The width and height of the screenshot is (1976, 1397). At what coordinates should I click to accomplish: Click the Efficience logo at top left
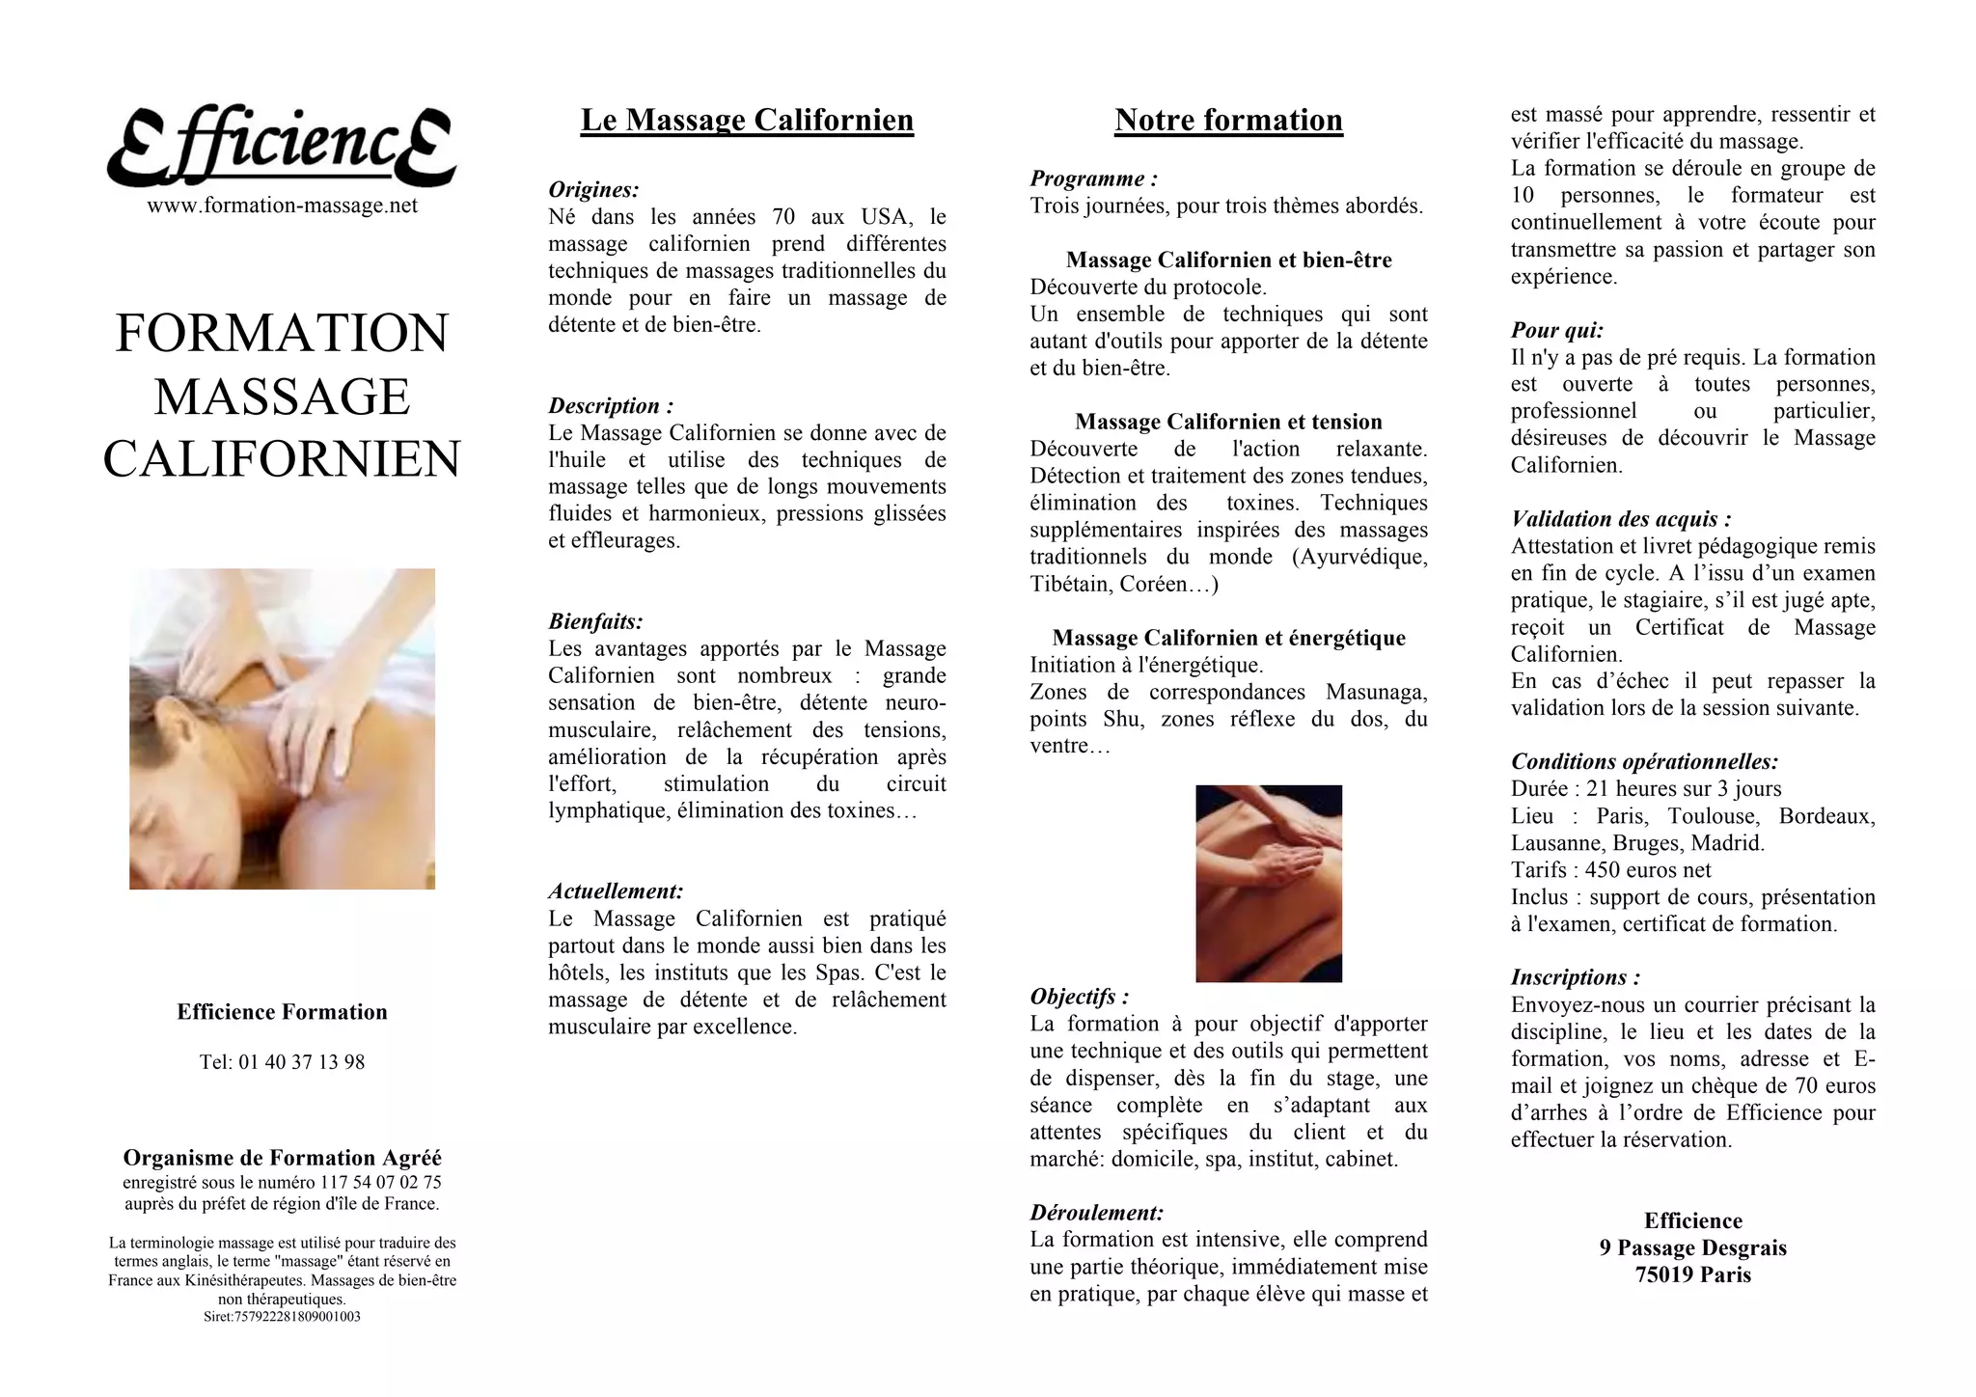point(281,147)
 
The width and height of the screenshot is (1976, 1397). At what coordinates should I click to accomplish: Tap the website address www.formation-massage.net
point(282,205)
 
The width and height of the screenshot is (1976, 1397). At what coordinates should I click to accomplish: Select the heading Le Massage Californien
point(747,121)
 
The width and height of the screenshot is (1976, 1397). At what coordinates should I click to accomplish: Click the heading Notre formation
point(1228,121)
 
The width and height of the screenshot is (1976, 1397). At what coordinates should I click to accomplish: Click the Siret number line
point(282,1317)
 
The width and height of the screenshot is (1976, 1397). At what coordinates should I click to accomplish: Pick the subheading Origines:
point(593,190)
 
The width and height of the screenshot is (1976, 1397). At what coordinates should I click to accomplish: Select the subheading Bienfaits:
point(595,622)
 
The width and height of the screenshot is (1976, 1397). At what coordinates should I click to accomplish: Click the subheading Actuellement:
point(616,891)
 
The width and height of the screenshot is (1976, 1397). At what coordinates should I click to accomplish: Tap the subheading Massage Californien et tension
point(1228,422)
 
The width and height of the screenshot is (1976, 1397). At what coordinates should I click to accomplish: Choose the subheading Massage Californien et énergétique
point(1228,638)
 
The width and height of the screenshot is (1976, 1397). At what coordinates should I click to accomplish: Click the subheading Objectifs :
point(1079,997)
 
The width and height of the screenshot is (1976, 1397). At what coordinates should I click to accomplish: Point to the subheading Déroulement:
point(1096,1213)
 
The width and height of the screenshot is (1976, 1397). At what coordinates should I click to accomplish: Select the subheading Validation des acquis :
point(1621,519)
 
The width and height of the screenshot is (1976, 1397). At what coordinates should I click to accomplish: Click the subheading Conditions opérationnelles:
point(1644,762)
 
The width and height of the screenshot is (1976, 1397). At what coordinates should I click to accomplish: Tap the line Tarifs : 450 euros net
point(1610,870)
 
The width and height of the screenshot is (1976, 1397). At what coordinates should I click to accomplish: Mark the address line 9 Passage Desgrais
point(1692,1248)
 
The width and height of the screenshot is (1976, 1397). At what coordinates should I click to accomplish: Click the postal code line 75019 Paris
point(1692,1275)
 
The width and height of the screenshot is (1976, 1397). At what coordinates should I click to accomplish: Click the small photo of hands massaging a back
point(1268,884)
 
